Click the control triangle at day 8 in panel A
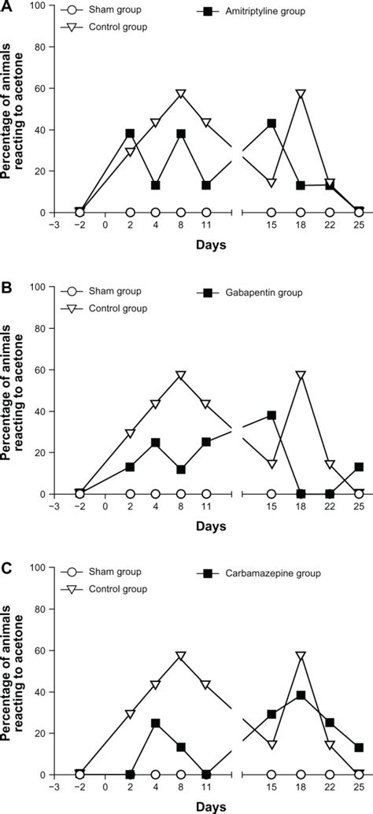pos(181,94)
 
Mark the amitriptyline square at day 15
pos(271,123)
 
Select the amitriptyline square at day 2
pos(131,134)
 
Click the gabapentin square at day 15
pos(271,414)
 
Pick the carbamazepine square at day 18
pos(301,695)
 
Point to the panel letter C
pos(6,569)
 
